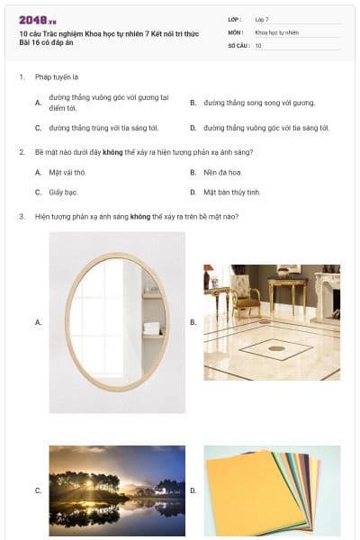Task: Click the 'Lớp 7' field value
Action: pyautogui.click(x=262, y=19)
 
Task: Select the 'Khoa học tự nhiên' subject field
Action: pyautogui.click(x=276, y=32)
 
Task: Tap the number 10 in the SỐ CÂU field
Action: pyautogui.click(x=258, y=45)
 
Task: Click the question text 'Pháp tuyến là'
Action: pyautogui.click(x=57, y=77)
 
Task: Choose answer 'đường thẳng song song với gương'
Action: pyautogui.click(x=259, y=103)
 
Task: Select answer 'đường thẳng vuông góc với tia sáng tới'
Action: pyautogui.click(x=266, y=128)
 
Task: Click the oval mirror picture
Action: pyautogui.click(x=117, y=321)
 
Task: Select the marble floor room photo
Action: pyautogui.click(x=272, y=321)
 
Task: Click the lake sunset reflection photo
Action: pyautogui.click(x=117, y=490)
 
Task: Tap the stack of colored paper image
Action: pyautogui.click(x=272, y=490)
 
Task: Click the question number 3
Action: pyautogui.click(x=22, y=217)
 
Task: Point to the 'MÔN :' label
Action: pyautogui.click(x=237, y=32)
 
